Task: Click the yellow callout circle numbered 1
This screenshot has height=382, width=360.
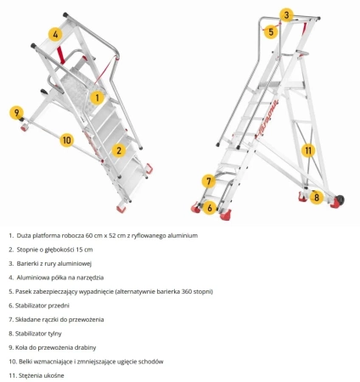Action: (97, 98)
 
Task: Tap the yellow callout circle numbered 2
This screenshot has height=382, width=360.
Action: (119, 150)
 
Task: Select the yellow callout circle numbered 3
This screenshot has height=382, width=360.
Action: (286, 15)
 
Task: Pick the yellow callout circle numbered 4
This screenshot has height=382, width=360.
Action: (55, 34)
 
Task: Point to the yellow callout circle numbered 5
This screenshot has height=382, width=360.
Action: (271, 31)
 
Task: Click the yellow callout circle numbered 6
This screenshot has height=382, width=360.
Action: (210, 208)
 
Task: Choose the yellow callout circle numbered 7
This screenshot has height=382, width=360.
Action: (209, 181)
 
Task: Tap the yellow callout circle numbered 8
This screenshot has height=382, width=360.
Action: (317, 197)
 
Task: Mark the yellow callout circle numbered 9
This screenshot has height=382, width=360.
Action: (16, 113)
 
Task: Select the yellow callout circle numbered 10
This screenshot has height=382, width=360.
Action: (67, 140)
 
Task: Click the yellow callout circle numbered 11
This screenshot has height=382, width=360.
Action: (308, 150)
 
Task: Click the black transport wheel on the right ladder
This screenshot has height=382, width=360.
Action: (340, 200)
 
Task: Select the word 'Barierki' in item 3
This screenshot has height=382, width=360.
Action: (26, 263)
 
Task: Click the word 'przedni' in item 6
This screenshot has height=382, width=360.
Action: (59, 306)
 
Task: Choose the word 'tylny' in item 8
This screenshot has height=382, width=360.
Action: (54, 334)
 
